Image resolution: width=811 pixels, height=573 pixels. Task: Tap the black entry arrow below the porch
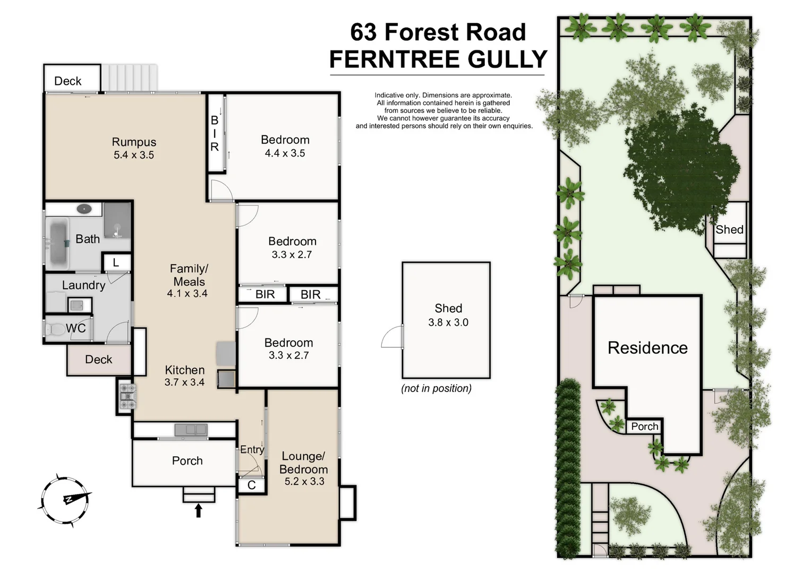[199, 510]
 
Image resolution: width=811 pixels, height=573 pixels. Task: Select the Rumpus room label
[134, 142]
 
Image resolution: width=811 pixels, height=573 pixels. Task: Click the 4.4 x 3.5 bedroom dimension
[285, 153]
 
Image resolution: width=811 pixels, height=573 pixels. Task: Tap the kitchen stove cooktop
[127, 396]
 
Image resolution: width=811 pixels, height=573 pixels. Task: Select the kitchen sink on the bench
[191, 429]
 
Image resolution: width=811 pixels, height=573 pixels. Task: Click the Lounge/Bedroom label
[303, 463]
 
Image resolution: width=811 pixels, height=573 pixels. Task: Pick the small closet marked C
[252, 485]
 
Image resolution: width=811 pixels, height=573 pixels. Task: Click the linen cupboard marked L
[116, 262]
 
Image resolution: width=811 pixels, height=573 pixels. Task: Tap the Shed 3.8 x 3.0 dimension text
[448, 323]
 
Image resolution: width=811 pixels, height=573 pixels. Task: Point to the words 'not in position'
[436, 388]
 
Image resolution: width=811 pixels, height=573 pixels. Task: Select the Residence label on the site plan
[647, 348]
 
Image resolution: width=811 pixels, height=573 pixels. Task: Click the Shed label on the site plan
[729, 230]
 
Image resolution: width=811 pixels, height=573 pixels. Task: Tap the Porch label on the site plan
[644, 427]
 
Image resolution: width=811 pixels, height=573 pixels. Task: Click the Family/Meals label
[189, 275]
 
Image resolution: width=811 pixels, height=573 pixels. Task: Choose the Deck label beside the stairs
[68, 81]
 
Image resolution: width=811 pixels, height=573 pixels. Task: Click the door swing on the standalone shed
[392, 337]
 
